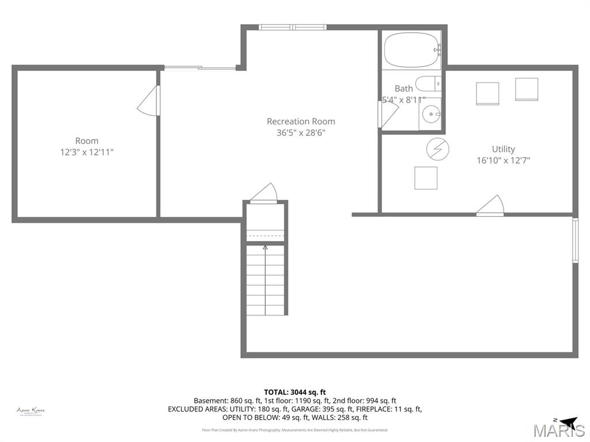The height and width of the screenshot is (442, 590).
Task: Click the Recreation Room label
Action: click(x=301, y=121)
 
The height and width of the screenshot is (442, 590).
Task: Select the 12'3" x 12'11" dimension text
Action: click(x=86, y=152)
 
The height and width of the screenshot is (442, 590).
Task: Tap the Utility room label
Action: click(x=503, y=149)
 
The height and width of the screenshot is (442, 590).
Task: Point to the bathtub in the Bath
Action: click(x=410, y=51)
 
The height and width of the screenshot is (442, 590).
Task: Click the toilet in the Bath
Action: click(x=428, y=84)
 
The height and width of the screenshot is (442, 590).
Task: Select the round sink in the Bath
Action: click(x=430, y=115)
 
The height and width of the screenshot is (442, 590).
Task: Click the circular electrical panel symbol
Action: click(x=437, y=150)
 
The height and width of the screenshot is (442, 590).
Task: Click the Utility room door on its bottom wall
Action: click(x=490, y=206)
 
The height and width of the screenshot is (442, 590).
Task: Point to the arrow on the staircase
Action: click(x=265, y=249)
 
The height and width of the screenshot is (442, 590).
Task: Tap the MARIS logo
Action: click(x=558, y=429)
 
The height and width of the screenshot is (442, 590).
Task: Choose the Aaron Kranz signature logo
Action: click(x=31, y=411)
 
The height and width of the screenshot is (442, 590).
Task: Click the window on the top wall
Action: click(x=292, y=27)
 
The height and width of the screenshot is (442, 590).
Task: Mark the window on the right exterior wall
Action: click(x=575, y=240)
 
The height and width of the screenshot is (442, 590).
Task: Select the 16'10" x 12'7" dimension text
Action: click(x=503, y=161)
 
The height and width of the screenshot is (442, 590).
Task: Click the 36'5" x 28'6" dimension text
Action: click(x=301, y=132)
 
